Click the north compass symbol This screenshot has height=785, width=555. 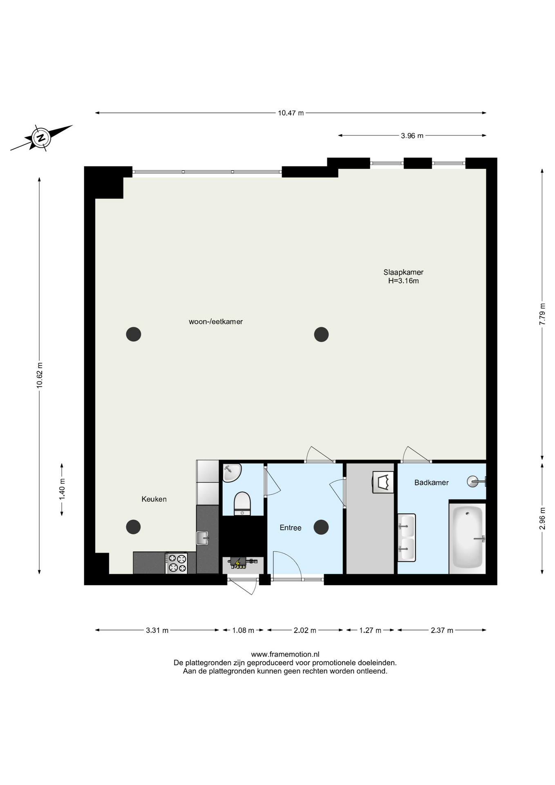tap(41, 137)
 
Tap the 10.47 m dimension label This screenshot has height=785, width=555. tap(291, 113)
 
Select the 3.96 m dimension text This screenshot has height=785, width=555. tap(412, 136)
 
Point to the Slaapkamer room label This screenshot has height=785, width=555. tap(403, 272)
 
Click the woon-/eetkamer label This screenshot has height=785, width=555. tap(216, 322)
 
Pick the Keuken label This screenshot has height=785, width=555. tap(154, 499)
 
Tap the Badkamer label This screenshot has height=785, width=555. tap(432, 482)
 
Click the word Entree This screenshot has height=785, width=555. tap(291, 528)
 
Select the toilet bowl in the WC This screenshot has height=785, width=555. tap(242, 503)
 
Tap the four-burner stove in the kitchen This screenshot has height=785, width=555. tap(177, 563)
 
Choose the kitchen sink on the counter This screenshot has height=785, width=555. tap(203, 538)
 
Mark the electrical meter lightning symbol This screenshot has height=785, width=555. tap(237, 563)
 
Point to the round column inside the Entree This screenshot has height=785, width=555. tap(321, 527)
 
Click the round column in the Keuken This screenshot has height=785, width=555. tap(133, 527)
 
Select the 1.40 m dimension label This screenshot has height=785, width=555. tap(62, 489)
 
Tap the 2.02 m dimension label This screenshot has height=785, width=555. tap(305, 630)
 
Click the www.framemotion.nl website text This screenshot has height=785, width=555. tap(285, 655)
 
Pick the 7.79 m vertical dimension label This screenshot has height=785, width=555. tap(542, 314)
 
